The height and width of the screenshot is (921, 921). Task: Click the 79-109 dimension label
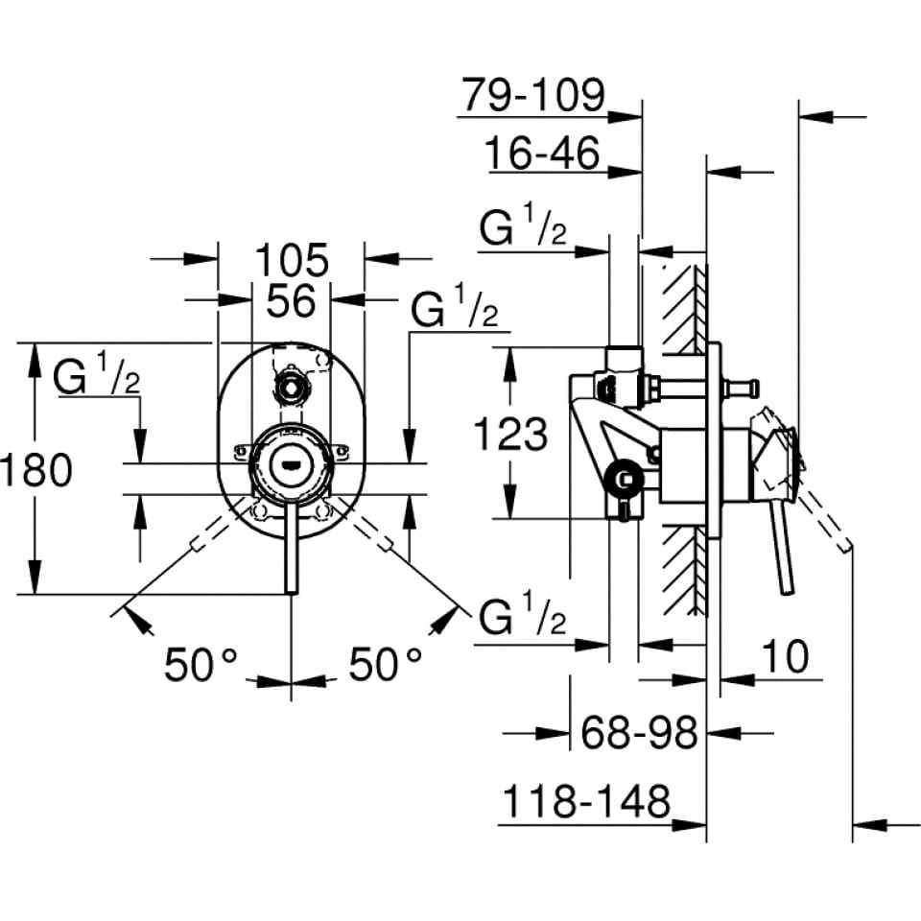tap(533, 95)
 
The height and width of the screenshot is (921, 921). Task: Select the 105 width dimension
tap(292, 258)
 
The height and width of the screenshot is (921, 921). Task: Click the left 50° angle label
tap(201, 663)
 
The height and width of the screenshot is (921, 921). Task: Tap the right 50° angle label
tap(385, 663)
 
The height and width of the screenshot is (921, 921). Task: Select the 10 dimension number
tap(786, 656)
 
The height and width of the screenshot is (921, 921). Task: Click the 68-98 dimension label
tap(639, 733)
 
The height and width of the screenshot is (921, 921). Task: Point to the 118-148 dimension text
tap(584, 801)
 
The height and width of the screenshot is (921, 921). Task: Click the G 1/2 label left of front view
tap(98, 378)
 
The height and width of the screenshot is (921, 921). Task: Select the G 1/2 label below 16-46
tap(523, 230)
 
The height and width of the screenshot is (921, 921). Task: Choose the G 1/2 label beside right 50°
tap(523, 619)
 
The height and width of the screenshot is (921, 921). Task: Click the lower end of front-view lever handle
tap(289, 587)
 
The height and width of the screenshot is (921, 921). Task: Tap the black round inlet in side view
tap(626, 477)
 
